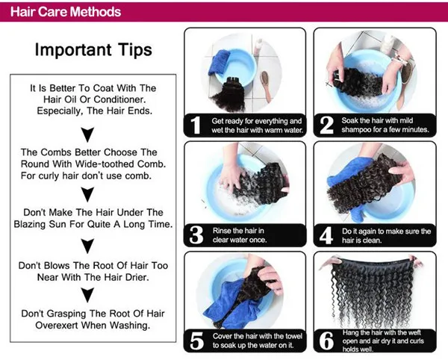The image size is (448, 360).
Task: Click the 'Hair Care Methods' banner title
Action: pyautogui.click(x=66, y=12)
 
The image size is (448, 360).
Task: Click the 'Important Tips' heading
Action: pyautogui.click(x=93, y=50)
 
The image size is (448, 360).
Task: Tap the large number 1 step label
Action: pyautogui.click(x=196, y=125)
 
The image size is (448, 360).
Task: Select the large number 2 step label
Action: pyautogui.click(x=326, y=125)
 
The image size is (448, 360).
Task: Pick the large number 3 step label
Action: pyautogui.click(x=196, y=235)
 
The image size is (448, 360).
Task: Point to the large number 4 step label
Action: pyautogui.click(x=326, y=235)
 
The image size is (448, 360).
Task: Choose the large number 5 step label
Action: pyautogui.click(x=196, y=341)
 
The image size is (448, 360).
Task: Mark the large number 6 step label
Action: pyautogui.click(x=326, y=341)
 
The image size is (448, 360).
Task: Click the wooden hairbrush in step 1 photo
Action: pyautogui.click(x=266, y=86)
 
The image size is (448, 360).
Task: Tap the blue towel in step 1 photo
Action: pyautogui.click(x=220, y=63)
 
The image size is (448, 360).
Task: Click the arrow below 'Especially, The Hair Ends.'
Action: pyautogui.click(x=87, y=134)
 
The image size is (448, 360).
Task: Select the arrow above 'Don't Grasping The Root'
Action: pyautogui.click(x=87, y=295)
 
